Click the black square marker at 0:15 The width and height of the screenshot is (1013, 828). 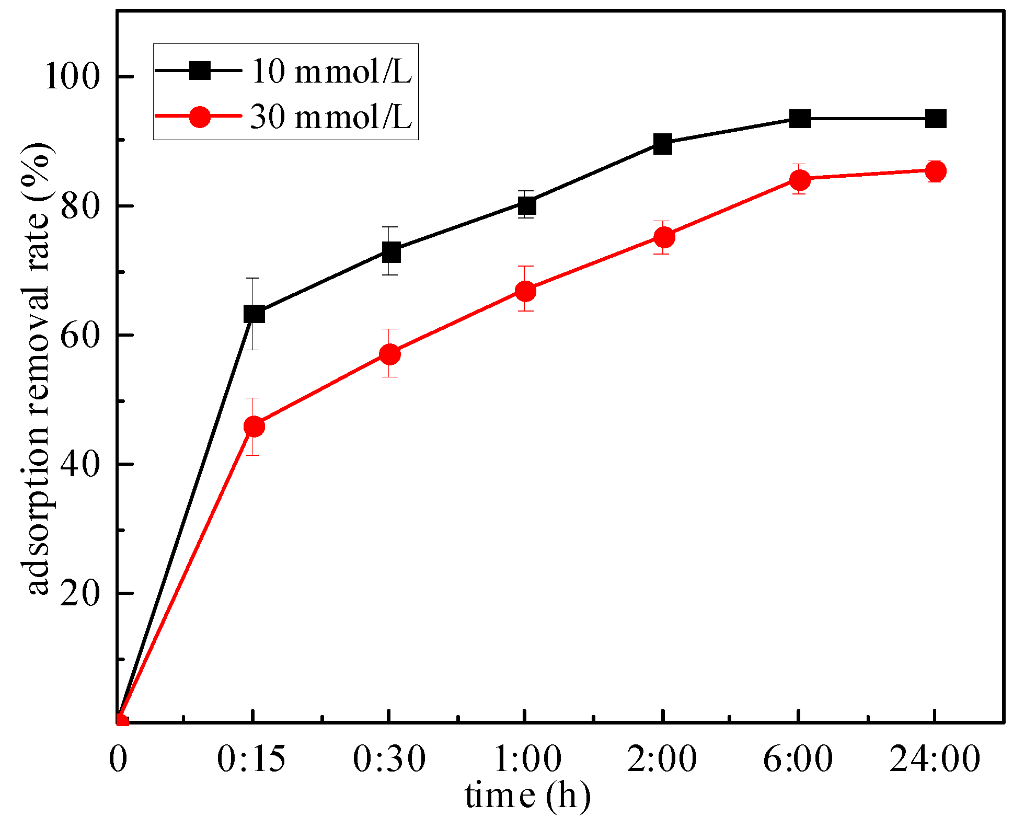click(x=254, y=314)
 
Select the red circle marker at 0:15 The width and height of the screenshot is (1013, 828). click(x=254, y=427)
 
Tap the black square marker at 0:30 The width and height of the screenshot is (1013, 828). click(x=390, y=252)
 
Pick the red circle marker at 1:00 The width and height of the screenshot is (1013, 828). click(x=525, y=291)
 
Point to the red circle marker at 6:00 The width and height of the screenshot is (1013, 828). click(x=800, y=180)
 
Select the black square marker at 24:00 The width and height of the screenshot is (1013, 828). click(x=936, y=119)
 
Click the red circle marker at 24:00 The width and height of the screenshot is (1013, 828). click(x=936, y=171)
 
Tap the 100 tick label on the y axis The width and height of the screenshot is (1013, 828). click(x=72, y=77)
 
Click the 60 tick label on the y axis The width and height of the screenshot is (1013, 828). click(x=79, y=335)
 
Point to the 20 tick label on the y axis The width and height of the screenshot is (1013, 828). click(x=79, y=594)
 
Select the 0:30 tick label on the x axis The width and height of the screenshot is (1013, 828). click(x=389, y=758)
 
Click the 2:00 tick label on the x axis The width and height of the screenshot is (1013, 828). click(x=662, y=758)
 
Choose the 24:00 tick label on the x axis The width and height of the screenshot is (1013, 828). click(x=935, y=758)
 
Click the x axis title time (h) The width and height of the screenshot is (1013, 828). click(x=527, y=796)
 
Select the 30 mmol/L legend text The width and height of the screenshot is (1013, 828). click(x=331, y=116)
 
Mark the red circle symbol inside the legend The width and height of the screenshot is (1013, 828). click(x=200, y=116)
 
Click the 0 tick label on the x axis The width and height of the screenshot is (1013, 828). click(x=118, y=758)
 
